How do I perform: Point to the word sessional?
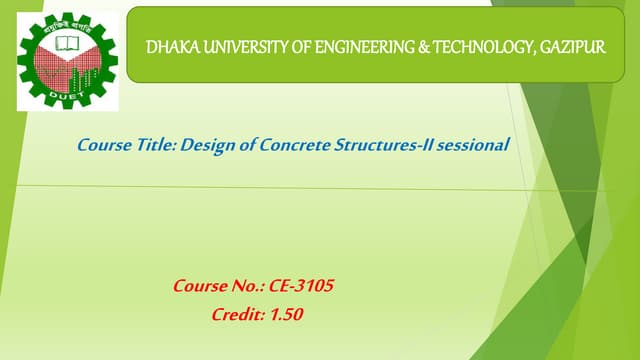tap(474, 146)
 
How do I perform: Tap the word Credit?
tap(236, 315)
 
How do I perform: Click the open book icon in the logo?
tap(67, 42)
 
